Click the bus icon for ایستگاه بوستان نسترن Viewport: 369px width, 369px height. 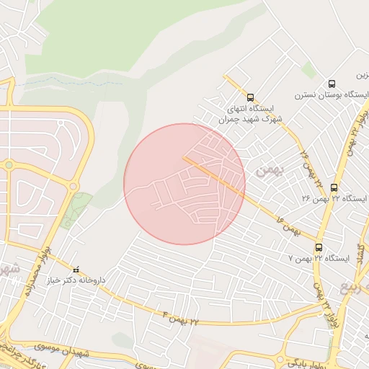pyautogui.click(x=332, y=84)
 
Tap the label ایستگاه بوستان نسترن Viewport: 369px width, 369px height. pyautogui.click(x=322, y=96)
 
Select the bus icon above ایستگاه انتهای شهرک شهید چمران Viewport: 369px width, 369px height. pyautogui.click(x=250, y=97)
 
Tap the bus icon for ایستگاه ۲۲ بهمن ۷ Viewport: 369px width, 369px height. pyautogui.click(x=319, y=246)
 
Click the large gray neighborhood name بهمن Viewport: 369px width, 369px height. pyautogui.click(x=270, y=170)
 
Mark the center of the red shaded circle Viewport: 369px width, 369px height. pyautogui.click(x=184, y=184)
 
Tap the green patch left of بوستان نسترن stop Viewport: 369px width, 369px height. pyautogui.click(x=308, y=70)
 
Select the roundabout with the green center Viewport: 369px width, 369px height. pyautogui.click(x=9, y=165)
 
